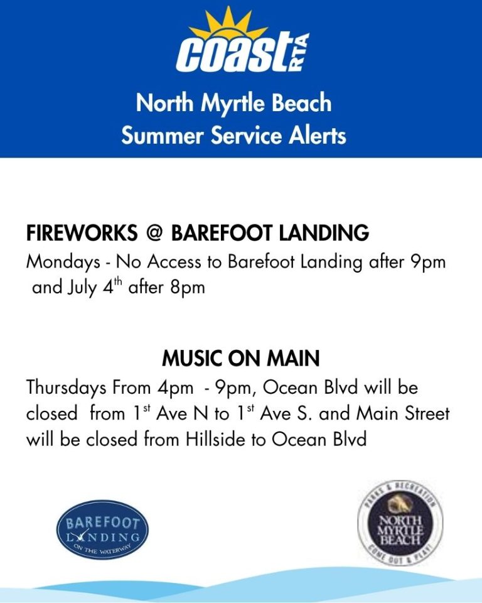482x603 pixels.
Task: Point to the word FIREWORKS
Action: pyautogui.click(x=82, y=232)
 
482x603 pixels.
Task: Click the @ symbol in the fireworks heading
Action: pyautogui.click(x=154, y=233)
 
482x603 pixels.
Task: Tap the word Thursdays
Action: pyautogui.click(x=66, y=388)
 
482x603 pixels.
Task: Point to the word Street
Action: pyautogui.click(x=427, y=413)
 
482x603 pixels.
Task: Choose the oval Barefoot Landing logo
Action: pyautogui.click(x=102, y=530)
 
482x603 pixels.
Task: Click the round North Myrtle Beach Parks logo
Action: pyautogui.click(x=400, y=523)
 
